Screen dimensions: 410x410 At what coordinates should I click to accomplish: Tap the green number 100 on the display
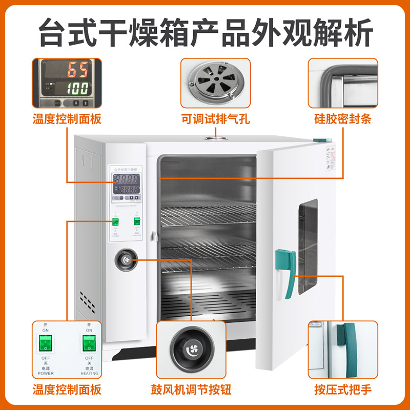[77, 88]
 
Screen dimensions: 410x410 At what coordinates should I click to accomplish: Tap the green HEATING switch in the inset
[89, 344]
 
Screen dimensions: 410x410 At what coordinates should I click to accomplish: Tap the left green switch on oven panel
[116, 222]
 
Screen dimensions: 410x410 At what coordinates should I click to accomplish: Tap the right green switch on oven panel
[137, 221]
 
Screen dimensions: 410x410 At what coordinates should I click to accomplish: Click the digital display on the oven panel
[126, 184]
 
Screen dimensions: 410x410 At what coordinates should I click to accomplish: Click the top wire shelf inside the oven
[208, 216]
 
